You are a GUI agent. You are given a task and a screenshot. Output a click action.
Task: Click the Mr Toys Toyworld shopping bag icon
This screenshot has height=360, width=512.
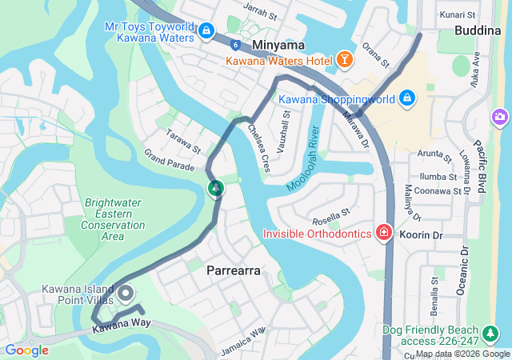point(206,31)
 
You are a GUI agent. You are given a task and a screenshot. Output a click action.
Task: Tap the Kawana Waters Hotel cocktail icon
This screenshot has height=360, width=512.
point(344,60)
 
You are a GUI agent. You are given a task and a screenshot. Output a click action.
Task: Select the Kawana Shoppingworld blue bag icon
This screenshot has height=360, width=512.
point(407,98)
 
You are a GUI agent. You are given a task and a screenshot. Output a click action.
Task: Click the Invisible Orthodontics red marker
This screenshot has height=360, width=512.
point(384,233)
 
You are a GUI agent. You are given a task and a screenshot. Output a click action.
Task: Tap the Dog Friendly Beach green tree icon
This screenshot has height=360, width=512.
point(490,332)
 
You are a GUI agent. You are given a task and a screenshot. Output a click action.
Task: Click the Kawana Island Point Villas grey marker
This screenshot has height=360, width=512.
point(126,294)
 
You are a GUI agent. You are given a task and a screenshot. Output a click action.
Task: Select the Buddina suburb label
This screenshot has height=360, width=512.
point(478,30)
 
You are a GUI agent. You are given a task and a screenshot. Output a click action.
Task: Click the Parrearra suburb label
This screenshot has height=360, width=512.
point(234,270)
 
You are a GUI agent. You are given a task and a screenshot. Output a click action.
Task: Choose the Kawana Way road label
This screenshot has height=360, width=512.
point(121,324)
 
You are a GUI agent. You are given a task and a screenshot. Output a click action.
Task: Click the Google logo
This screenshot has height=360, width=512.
point(26,350)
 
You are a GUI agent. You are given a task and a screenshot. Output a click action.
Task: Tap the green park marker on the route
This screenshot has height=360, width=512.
point(215,189)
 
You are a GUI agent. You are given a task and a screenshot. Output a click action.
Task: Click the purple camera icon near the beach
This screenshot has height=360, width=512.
point(501,118)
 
